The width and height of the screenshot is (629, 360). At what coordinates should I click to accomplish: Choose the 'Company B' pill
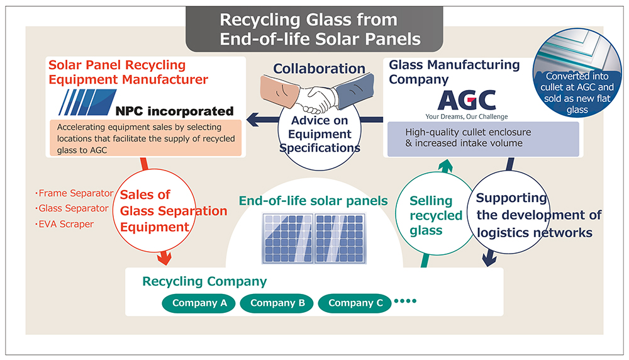277,303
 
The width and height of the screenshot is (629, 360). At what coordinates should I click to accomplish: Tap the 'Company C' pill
355,303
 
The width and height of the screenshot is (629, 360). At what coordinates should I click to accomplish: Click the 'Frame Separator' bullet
74,193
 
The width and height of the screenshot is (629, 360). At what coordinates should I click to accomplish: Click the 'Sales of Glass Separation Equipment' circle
165,211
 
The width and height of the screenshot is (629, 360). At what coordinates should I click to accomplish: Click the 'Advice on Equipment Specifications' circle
320,134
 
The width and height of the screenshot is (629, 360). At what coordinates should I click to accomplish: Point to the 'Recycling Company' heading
204,281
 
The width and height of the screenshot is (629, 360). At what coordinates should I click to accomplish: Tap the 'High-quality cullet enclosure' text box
483,138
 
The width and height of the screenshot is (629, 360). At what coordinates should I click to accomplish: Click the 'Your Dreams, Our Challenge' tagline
467,116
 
